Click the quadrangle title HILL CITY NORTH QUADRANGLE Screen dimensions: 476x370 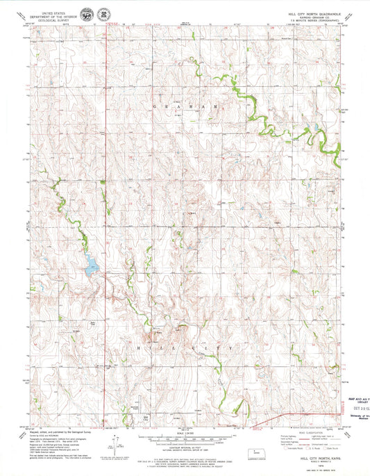pos(312,13)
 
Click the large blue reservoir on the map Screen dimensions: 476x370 pos(91,265)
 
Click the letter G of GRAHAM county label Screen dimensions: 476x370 pos(154,106)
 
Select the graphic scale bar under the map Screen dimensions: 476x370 pos(185,441)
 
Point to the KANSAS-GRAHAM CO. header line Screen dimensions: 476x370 pos(312,17)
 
